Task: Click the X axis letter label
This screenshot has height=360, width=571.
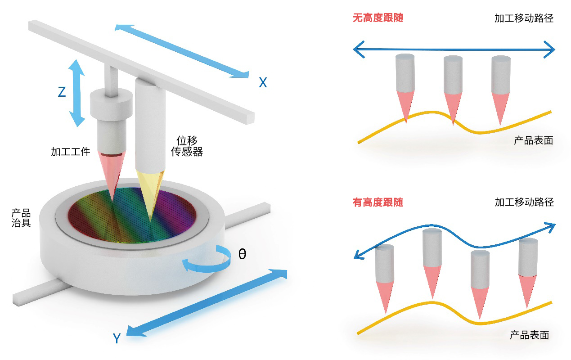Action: [263, 82]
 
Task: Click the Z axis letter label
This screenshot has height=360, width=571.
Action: [62, 92]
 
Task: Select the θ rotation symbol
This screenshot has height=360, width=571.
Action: [242, 255]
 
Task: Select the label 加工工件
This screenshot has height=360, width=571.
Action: [71, 152]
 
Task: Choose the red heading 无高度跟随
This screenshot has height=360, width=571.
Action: [378, 18]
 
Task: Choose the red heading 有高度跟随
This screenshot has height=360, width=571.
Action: [378, 202]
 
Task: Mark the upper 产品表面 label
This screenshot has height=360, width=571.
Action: [533, 140]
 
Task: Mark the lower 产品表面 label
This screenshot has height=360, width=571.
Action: [529, 335]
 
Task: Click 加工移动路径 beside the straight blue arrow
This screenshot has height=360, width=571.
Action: [524, 18]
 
